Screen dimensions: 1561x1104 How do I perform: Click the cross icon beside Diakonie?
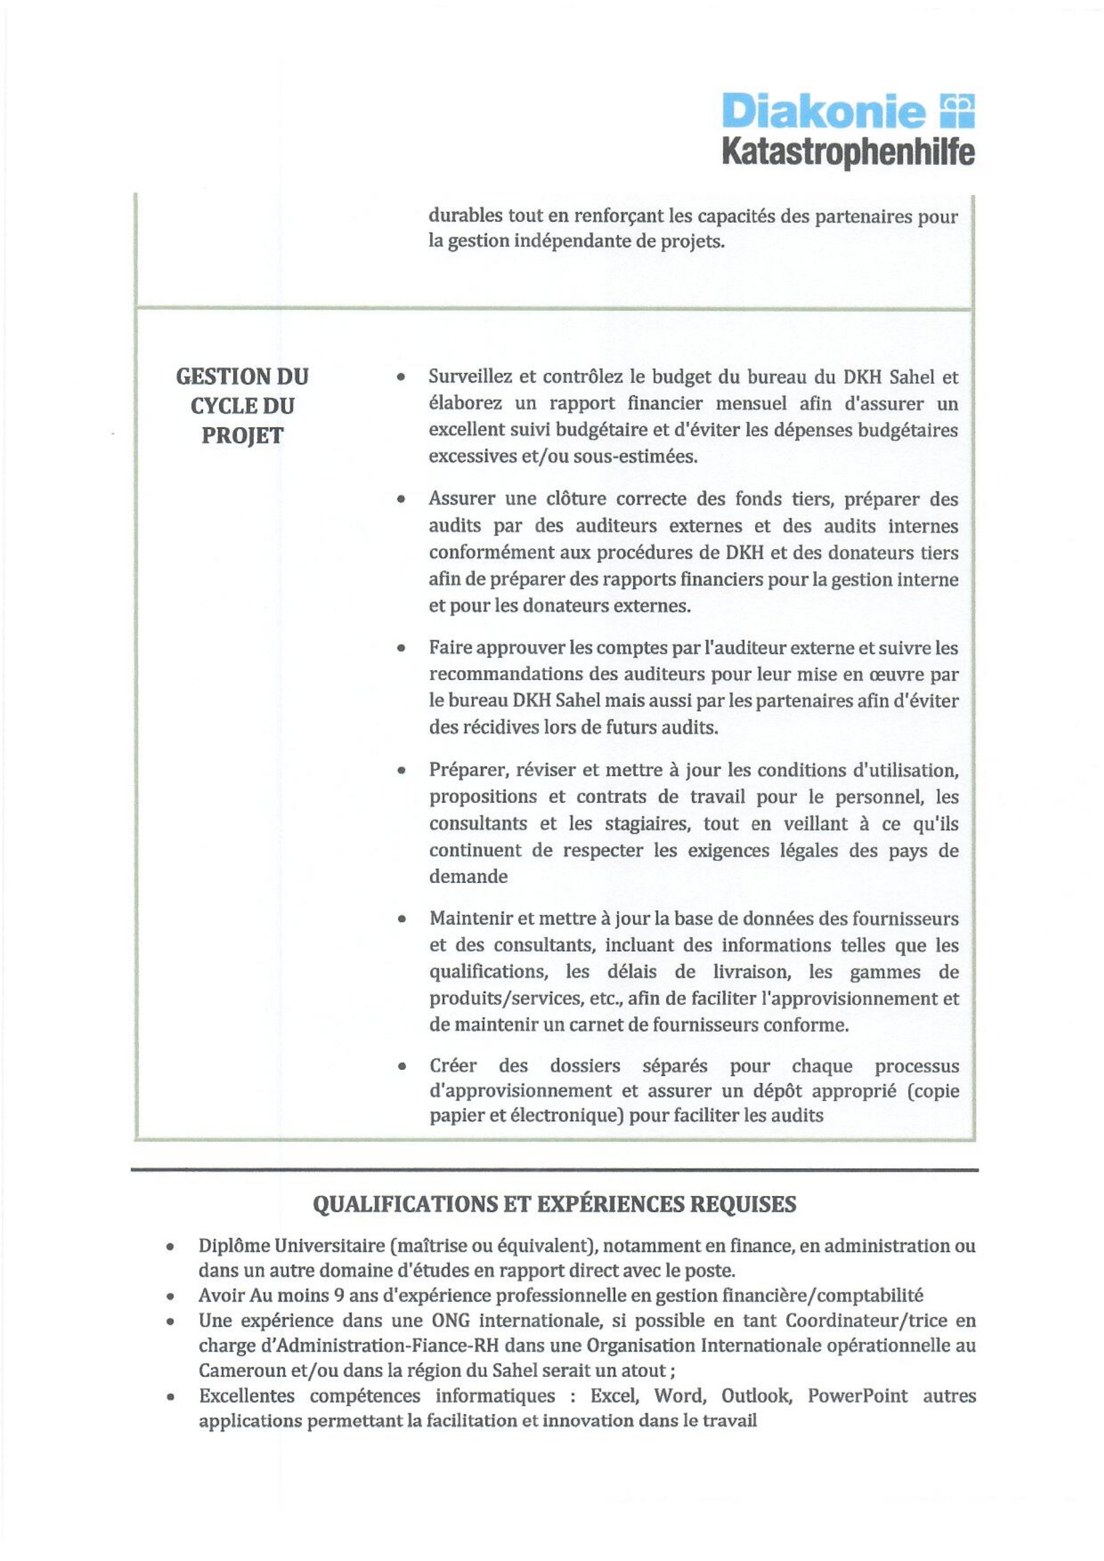tap(958, 110)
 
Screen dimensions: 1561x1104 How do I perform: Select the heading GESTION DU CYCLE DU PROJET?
tap(242, 406)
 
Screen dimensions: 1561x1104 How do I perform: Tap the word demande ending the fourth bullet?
tap(468, 877)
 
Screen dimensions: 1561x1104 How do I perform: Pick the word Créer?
tap(452, 1065)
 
